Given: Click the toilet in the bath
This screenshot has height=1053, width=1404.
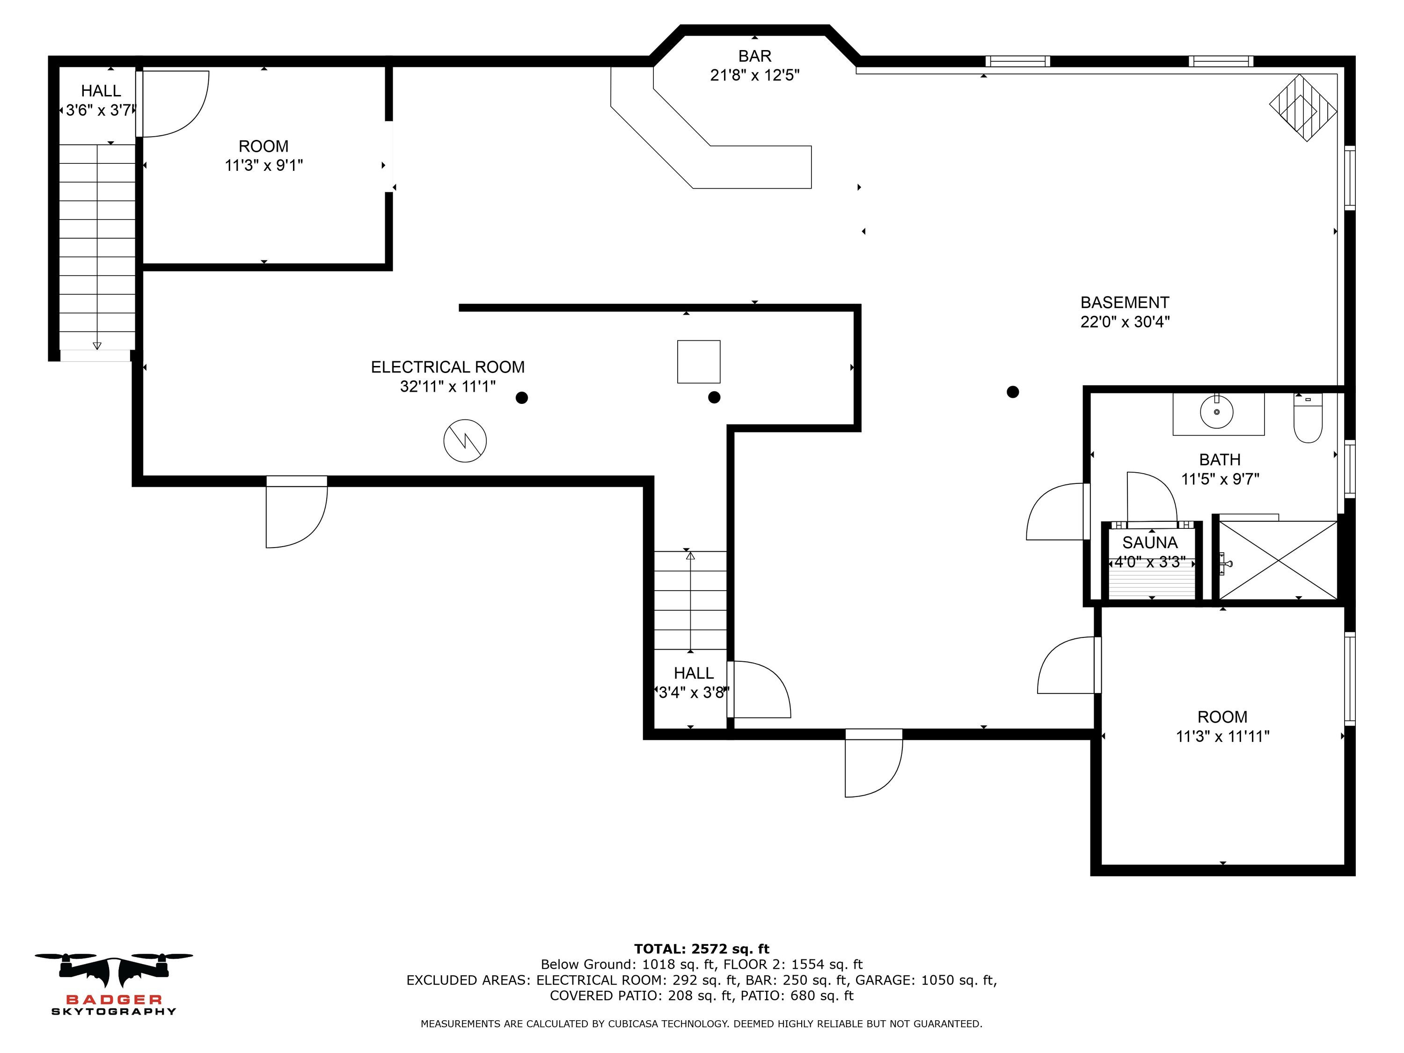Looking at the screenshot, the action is coord(1308,418).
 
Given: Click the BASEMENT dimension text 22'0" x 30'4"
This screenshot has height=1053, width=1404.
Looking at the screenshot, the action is coord(1125,322).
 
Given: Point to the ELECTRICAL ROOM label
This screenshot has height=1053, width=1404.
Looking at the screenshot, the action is coord(447,367).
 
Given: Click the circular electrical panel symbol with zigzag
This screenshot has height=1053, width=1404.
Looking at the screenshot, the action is coord(465,440).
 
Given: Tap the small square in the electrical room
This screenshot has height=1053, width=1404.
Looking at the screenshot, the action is coord(698,362).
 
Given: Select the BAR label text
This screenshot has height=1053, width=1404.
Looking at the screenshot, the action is coord(755,56).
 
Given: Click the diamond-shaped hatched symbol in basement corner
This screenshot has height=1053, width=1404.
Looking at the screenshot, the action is coord(1303,108).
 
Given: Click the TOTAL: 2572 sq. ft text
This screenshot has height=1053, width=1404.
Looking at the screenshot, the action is coord(702,949).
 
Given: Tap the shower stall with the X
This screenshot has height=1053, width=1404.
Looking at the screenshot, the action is coord(1278,560).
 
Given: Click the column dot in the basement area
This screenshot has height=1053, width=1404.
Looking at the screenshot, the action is coord(1013,392).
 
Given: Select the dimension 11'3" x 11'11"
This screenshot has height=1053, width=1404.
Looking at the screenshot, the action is coord(1222,736).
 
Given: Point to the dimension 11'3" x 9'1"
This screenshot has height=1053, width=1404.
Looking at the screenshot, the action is coord(263,166).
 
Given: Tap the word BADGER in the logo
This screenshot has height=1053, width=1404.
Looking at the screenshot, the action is coord(114,1000).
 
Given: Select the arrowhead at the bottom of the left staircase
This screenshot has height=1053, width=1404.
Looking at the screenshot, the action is coord(97,346).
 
